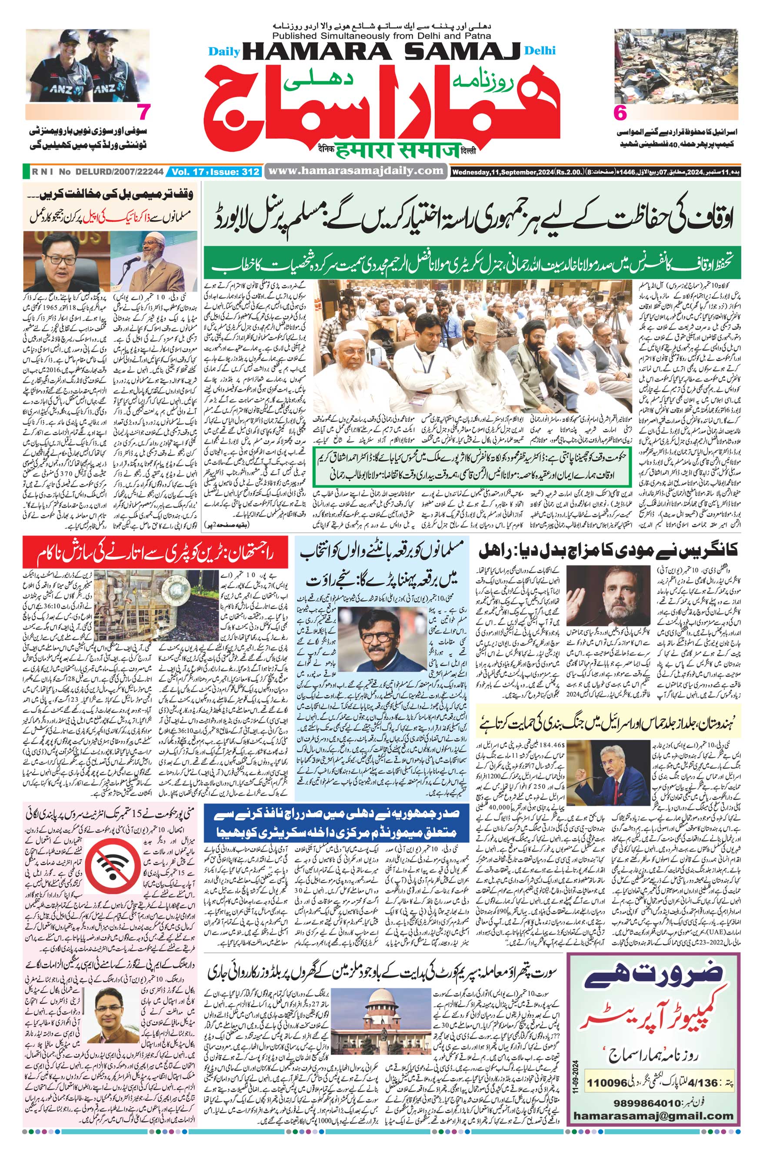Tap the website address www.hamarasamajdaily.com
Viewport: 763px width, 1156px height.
point(356,171)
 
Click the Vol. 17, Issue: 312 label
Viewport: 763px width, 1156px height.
point(215,171)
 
